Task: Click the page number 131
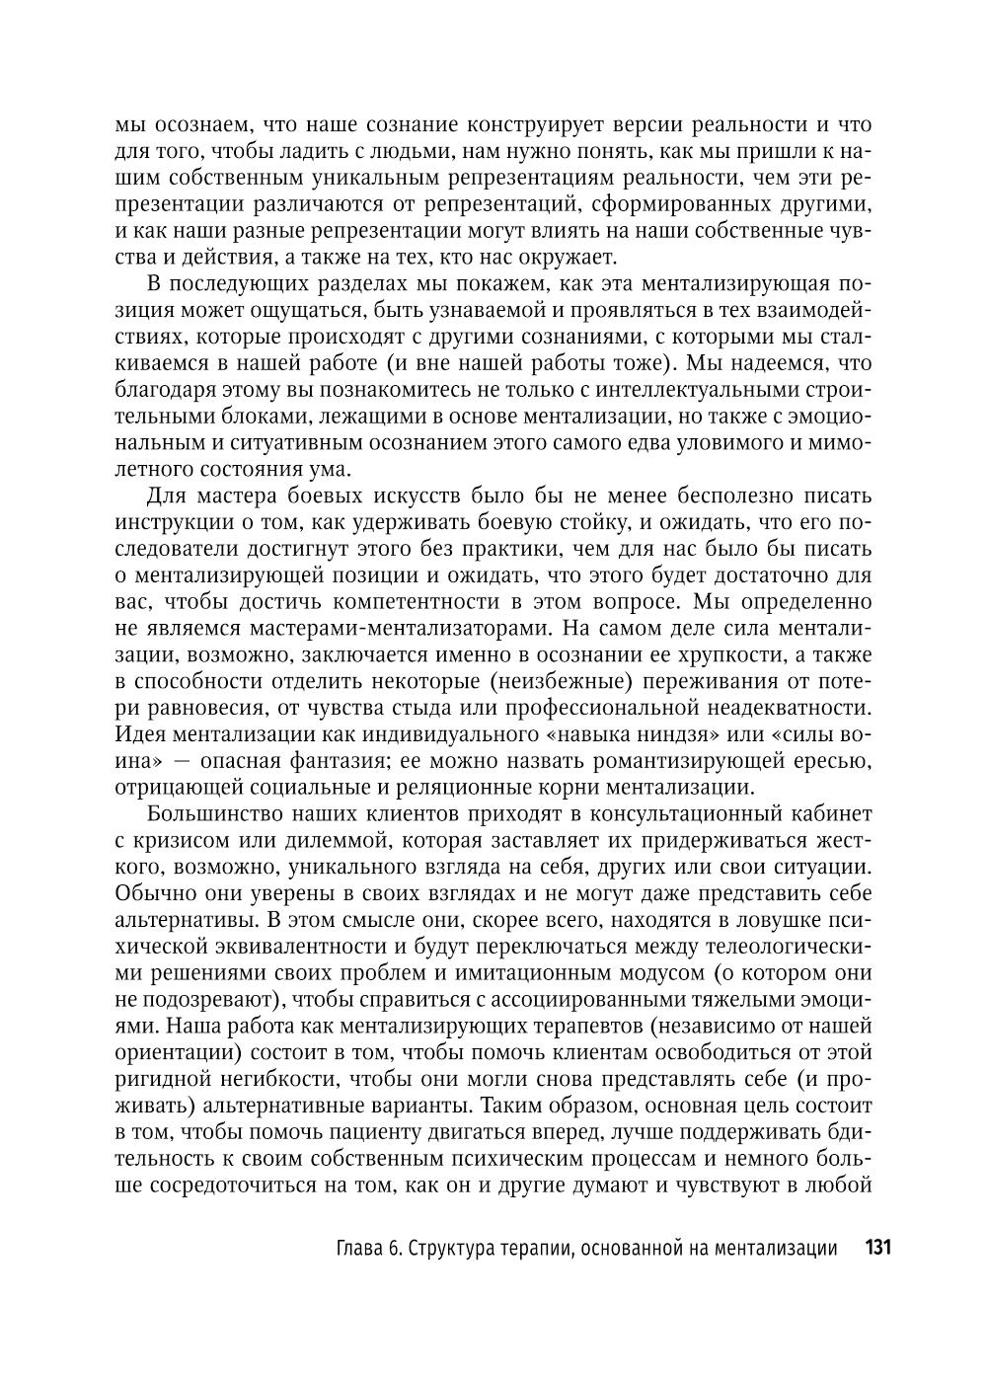877,1248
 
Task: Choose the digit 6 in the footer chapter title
394,1249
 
